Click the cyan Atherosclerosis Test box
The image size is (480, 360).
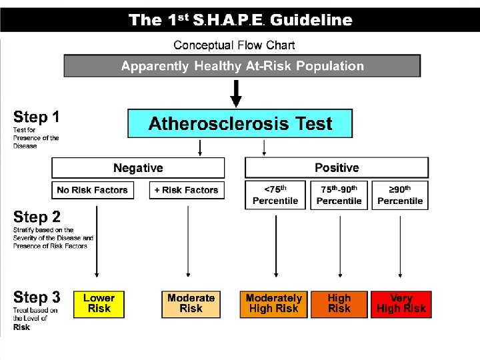[x=240, y=124]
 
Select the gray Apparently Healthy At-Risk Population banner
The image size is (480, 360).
[x=242, y=66]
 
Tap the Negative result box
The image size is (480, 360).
[x=138, y=167]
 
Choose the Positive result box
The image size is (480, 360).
[x=337, y=167]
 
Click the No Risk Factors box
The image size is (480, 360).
[x=93, y=190]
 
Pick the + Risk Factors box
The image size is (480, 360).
[x=186, y=190]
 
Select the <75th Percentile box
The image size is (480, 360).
[x=275, y=195]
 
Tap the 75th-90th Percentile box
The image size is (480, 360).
[x=339, y=195]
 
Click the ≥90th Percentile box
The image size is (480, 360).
[x=400, y=195]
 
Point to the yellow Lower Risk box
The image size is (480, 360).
[x=99, y=304]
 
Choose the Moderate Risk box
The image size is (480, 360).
[x=191, y=304]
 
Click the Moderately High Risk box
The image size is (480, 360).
[x=274, y=304]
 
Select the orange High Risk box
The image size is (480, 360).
[x=339, y=304]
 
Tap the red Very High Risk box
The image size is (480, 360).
[x=401, y=304]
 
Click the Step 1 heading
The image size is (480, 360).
[x=37, y=117]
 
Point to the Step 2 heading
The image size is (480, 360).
[x=37, y=217]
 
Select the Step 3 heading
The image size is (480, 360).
[x=37, y=297]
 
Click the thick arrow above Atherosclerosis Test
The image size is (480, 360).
[x=236, y=93]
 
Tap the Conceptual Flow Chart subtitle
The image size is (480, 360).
[x=234, y=45]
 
